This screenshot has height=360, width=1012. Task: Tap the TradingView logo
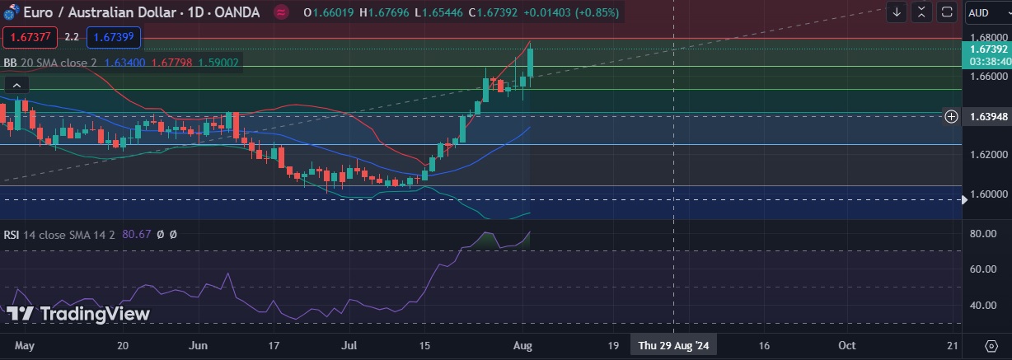tap(79, 314)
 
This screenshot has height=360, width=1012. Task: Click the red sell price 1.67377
tap(30, 37)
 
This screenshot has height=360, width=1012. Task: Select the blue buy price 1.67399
tap(115, 37)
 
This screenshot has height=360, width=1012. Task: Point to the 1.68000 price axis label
tap(987, 38)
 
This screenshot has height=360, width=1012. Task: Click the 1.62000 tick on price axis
tap(987, 154)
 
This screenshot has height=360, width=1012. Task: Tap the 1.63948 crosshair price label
tap(987, 117)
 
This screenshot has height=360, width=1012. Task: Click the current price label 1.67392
tap(987, 49)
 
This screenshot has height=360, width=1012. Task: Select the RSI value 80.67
tap(135, 235)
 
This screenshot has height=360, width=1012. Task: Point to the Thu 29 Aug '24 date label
tap(673, 345)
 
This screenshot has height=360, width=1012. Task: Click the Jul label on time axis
tap(349, 345)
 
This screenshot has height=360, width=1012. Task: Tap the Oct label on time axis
tap(846, 345)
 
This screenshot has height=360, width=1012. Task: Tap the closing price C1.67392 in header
tap(495, 12)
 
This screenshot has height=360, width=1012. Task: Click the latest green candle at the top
tap(532, 63)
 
